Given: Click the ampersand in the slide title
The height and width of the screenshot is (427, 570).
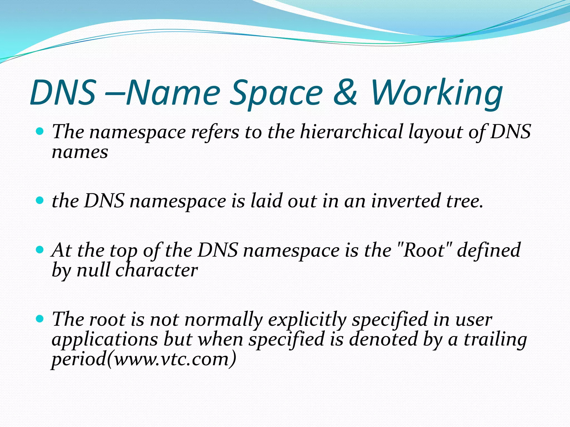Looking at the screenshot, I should (345, 92).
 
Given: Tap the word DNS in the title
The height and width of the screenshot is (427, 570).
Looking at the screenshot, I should (63, 92).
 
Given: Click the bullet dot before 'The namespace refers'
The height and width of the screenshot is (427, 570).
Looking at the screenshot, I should (40, 131).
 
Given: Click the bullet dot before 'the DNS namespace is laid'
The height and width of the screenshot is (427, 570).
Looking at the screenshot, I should (40, 200).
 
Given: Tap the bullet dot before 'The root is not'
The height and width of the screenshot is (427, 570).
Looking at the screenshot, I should (40, 318).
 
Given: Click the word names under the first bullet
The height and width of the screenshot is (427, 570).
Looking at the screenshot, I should (80, 152).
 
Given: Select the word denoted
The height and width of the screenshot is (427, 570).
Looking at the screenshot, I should (383, 339).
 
